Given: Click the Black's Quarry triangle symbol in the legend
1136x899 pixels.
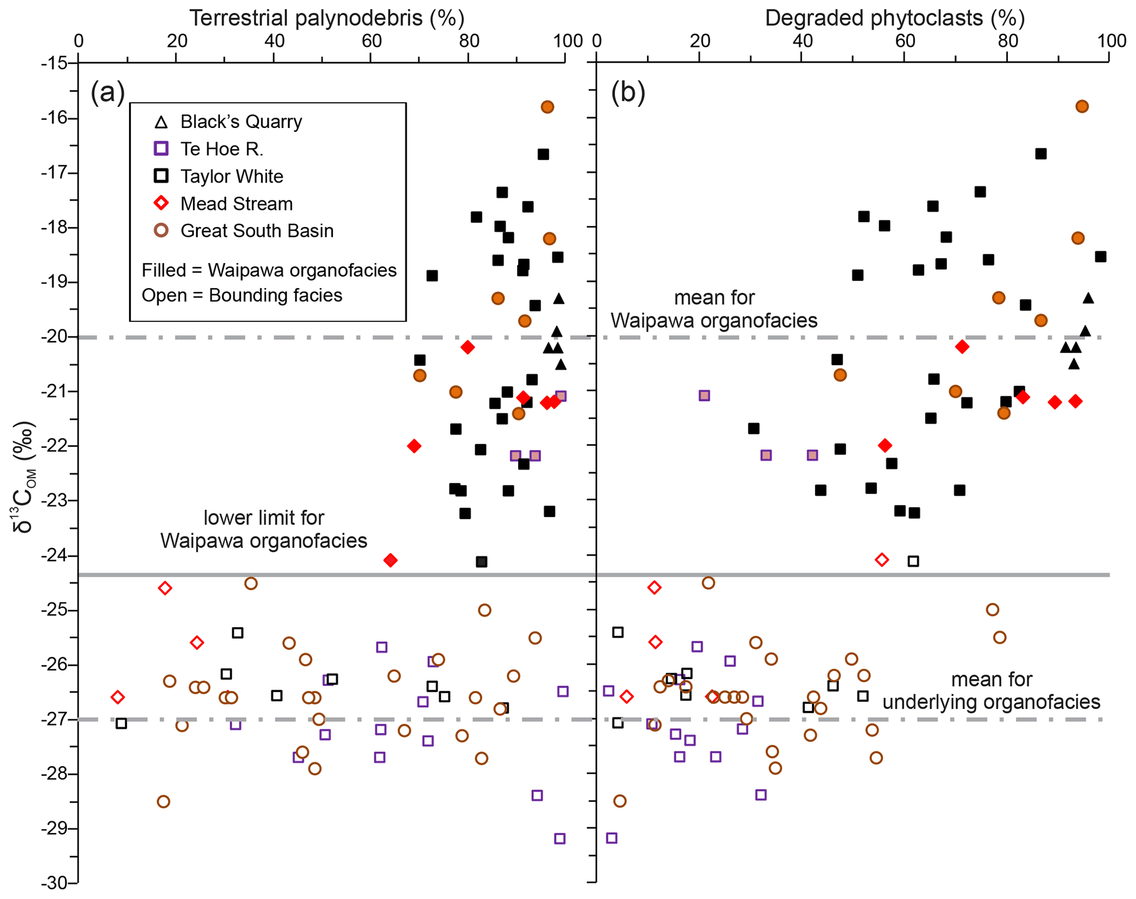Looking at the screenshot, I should click(161, 122).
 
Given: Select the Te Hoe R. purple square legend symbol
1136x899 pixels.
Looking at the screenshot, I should click(161, 149).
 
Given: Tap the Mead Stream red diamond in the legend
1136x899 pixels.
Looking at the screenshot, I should click(161, 203).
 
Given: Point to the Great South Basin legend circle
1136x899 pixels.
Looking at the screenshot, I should click(161, 231).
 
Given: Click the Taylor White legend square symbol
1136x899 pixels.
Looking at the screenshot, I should click(161, 176).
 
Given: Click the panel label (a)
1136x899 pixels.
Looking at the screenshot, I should click(108, 92).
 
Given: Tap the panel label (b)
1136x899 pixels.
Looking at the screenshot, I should click(628, 92).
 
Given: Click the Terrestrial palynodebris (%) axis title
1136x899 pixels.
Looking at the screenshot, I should click(327, 18).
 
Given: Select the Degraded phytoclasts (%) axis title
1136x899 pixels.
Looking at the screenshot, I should click(894, 18).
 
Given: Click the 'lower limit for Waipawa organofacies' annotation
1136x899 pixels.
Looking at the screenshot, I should click(264, 529).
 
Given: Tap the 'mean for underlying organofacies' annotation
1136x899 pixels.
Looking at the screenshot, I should click(991, 691).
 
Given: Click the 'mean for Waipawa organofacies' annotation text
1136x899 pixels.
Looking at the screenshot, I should click(714, 309).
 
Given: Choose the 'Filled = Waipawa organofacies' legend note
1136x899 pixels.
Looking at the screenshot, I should click(269, 270).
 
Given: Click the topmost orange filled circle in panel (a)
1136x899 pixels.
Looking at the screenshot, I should click(547, 107).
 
